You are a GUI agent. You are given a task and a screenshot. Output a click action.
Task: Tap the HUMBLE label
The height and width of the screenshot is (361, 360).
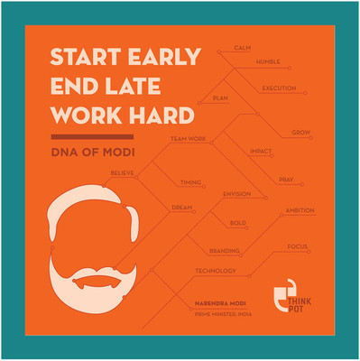[267, 62]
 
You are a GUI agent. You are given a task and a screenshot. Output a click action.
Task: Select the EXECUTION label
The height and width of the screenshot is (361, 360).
[280, 88]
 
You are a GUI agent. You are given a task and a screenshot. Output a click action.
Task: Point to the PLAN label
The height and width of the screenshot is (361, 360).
[218, 97]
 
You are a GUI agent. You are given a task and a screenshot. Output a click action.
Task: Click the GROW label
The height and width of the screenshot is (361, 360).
[301, 133]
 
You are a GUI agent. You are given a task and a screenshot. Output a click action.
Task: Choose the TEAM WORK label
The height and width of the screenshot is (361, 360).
[189, 139]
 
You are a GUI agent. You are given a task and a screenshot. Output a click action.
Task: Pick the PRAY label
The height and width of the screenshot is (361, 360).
[285, 180]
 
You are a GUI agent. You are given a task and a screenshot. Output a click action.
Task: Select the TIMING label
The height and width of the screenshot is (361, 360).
[190, 182]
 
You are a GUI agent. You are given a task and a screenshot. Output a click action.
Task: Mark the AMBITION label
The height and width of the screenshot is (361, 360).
[300, 210]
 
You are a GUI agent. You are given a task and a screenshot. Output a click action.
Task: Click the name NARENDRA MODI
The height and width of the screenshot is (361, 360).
[221, 304]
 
